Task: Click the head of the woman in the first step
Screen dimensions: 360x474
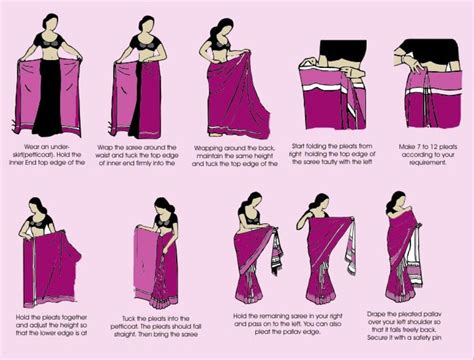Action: point(47,23)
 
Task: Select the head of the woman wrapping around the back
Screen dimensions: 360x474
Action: point(223,28)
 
